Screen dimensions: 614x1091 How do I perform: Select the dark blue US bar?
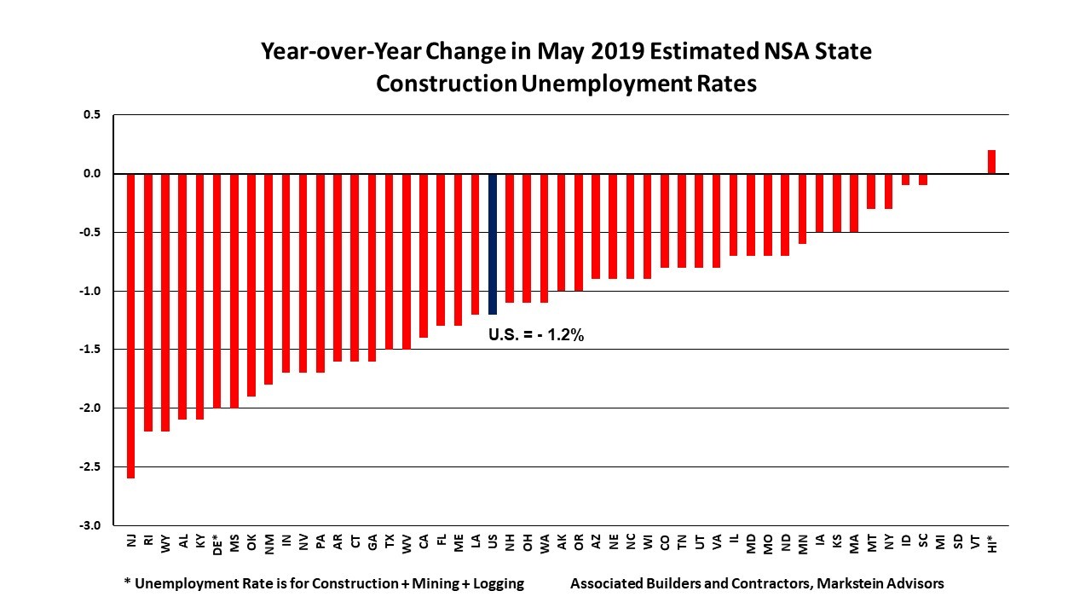point(492,244)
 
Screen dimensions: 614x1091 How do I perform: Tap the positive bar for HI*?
point(991,162)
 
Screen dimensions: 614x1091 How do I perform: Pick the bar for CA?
point(424,256)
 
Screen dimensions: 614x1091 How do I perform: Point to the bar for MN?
point(802,209)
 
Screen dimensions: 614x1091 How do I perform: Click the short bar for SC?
point(922,179)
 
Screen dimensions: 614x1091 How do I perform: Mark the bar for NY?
point(888,191)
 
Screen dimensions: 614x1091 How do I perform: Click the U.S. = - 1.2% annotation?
point(536,335)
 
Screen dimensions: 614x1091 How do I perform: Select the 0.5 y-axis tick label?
point(92,115)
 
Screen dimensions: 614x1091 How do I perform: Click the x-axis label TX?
point(389,542)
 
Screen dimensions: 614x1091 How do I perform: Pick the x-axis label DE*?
point(216,546)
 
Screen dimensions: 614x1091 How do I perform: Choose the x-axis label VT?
point(974,542)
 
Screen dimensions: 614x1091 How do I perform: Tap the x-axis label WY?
point(165,543)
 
